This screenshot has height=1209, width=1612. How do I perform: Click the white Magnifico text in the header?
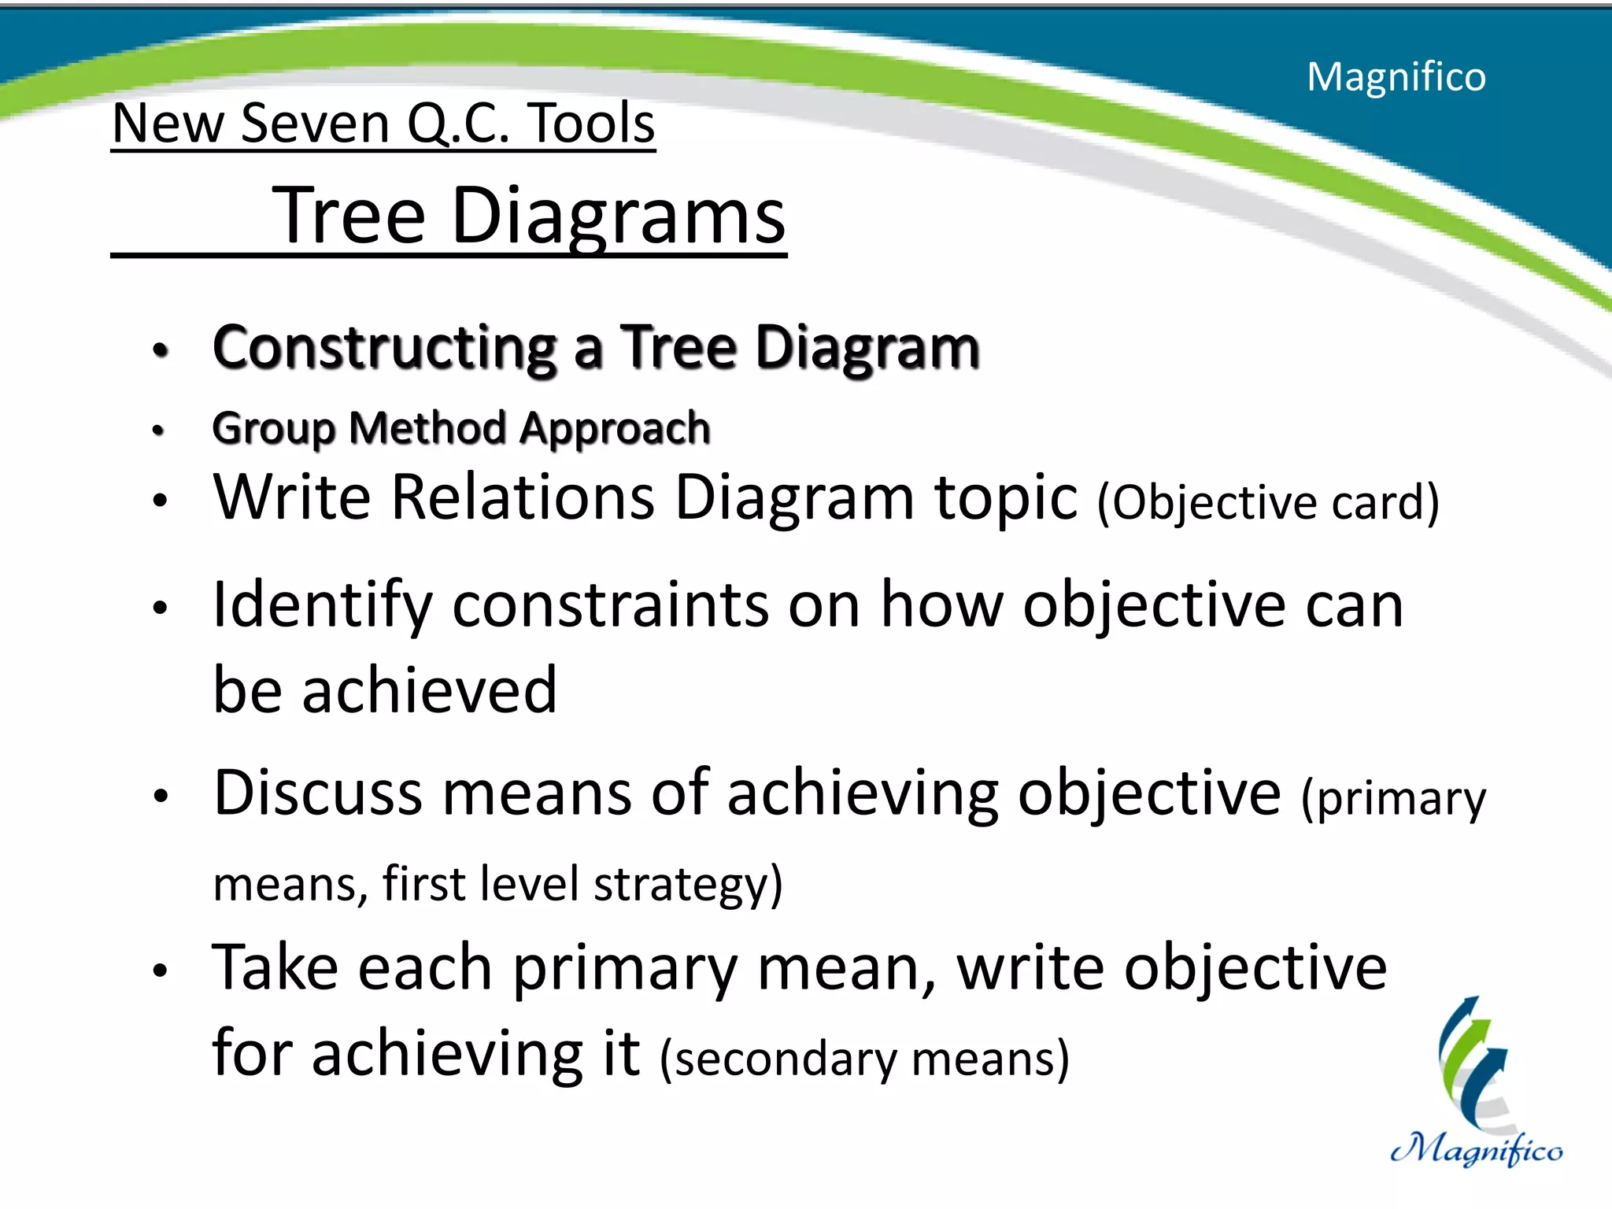[1396, 77]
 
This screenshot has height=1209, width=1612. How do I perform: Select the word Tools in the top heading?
[591, 124]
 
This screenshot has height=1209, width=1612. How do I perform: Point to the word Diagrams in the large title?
[619, 216]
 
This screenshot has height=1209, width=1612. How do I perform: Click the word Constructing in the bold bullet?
[385, 347]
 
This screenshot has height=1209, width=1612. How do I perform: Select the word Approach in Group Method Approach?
[615, 428]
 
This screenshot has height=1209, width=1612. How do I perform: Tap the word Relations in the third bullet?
[523, 497]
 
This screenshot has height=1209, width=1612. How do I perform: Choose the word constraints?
[611, 604]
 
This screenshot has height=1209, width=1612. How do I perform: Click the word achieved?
[430, 690]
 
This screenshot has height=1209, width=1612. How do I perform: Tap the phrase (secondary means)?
[864, 1059]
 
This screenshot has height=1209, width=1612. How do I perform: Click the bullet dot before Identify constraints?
[161, 607]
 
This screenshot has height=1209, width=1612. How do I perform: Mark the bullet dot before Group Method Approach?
[159, 431]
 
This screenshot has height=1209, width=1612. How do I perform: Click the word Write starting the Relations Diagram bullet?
[292, 497]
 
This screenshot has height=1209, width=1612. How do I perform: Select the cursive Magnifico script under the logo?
[1477, 1151]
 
